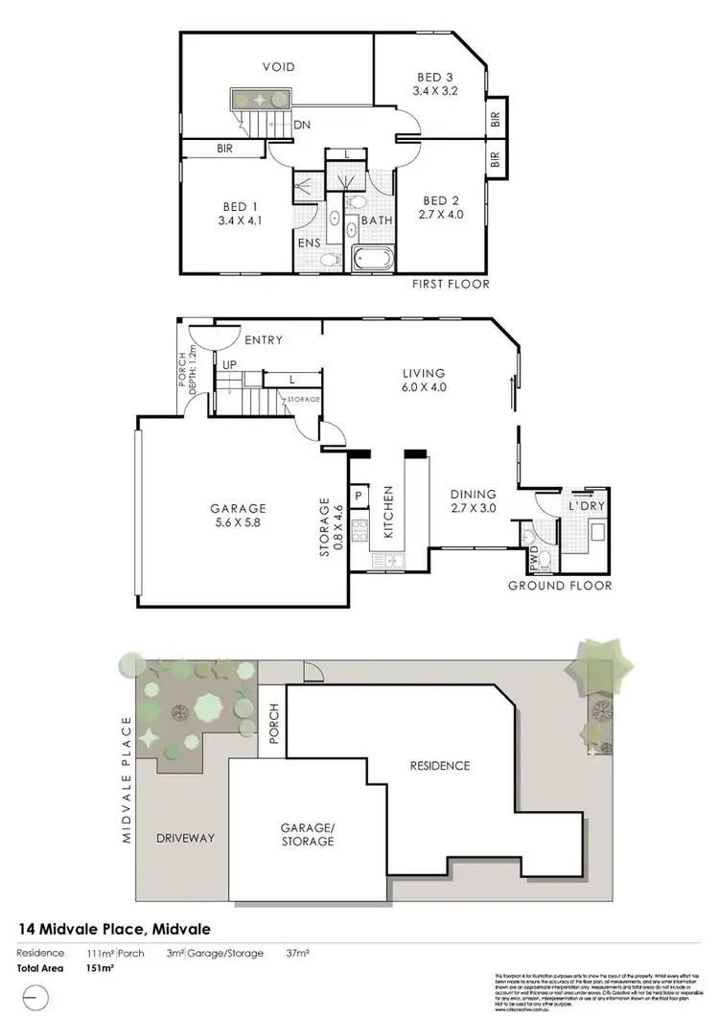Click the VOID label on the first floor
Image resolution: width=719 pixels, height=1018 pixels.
(x=279, y=67)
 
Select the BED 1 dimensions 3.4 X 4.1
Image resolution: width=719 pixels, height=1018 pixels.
(x=242, y=220)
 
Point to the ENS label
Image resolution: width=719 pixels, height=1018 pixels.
(x=308, y=244)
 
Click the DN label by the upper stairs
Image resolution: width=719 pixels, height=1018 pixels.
(x=301, y=125)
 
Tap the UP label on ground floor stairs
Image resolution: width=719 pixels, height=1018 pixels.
(x=230, y=365)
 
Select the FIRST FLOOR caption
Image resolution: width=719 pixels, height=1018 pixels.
(x=451, y=284)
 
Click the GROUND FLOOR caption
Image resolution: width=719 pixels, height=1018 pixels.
(x=559, y=585)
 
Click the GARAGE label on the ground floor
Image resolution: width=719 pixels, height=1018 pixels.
(x=239, y=508)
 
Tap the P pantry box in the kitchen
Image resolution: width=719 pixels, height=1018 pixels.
(x=359, y=497)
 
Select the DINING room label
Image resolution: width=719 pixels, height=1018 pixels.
(x=474, y=496)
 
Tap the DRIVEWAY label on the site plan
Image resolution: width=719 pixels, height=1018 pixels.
(x=184, y=838)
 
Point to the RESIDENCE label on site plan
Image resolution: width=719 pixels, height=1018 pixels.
(x=440, y=765)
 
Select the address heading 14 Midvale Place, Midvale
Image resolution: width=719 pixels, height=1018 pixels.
(x=115, y=929)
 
